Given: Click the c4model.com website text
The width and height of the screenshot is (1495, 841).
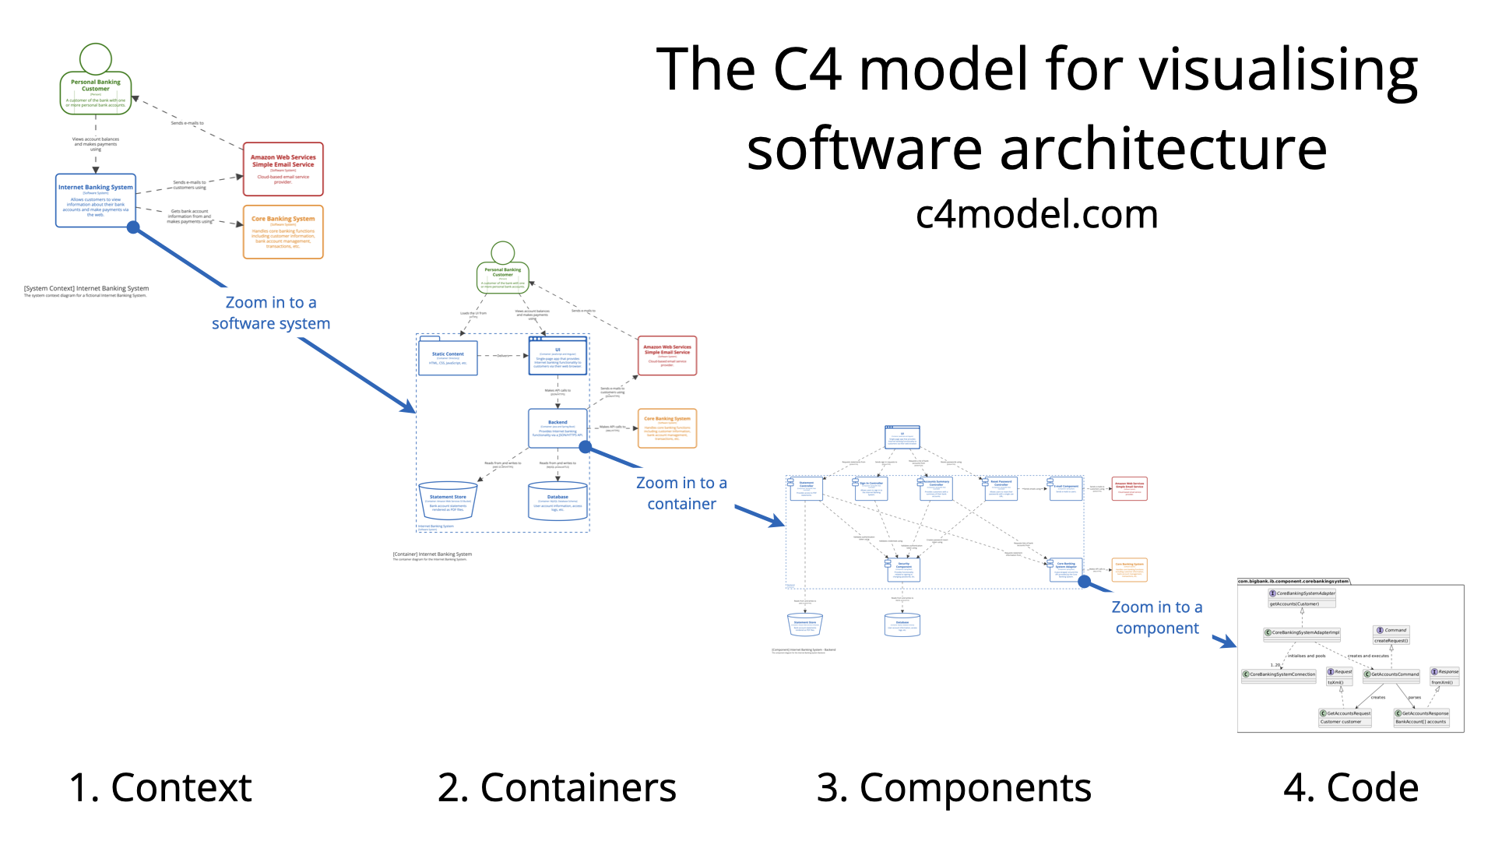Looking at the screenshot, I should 1036,214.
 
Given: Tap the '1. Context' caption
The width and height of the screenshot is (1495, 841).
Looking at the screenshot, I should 160,787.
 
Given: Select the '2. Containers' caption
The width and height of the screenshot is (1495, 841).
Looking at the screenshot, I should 557,787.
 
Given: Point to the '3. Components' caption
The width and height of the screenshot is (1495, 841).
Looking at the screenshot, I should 954,787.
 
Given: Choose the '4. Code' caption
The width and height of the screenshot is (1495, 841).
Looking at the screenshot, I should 1350,787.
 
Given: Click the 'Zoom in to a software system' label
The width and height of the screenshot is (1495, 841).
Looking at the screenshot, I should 271,313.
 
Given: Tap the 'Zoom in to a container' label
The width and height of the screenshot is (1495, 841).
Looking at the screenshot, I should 681,494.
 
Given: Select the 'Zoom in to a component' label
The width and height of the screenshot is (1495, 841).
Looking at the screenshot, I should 1157,618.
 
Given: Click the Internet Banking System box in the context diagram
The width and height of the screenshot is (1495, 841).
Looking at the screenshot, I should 96,201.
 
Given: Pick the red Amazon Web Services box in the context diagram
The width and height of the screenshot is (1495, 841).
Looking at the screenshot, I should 283,169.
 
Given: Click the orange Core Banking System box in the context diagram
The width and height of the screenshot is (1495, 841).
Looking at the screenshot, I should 283,232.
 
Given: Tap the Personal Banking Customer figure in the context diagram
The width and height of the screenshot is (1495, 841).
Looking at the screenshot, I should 96,83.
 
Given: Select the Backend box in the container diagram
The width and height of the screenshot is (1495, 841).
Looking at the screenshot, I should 558,428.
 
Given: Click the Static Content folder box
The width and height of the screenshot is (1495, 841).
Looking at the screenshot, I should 448,357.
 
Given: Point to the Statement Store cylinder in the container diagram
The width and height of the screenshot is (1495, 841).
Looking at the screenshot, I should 448,501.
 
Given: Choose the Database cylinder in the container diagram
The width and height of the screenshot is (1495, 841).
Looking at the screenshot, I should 558,501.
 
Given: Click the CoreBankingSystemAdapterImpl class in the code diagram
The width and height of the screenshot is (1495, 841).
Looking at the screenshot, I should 1302,633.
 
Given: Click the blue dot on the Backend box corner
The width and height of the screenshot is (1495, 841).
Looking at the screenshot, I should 586,447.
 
